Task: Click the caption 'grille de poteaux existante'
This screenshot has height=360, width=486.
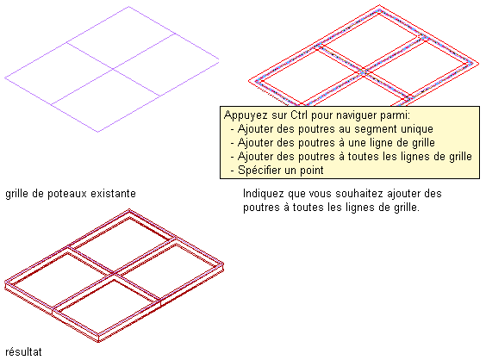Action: click(71, 194)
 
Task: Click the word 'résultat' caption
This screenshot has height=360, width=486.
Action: click(23, 352)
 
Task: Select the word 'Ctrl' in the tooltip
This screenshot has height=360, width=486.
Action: click(299, 115)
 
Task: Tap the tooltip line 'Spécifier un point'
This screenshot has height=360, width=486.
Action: click(281, 170)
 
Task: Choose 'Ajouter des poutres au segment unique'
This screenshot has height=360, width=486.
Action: click(335, 129)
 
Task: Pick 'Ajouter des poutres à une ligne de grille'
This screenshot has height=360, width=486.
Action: click(336, 142)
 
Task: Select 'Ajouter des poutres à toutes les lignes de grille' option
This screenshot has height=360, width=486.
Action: click(354, 156)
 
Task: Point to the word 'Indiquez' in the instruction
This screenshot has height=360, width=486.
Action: click(263, 194)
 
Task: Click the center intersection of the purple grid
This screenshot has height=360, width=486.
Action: click(113, 68)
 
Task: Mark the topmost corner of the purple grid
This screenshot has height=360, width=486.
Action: click(128, 7)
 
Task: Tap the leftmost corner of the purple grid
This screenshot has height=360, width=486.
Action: click(4, 78)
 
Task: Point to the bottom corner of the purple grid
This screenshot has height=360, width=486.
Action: click(98, 132)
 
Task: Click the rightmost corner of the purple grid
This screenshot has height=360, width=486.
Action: click(219, 59)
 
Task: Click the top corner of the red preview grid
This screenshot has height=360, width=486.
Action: click(379, 5)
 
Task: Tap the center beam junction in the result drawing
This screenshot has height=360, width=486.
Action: click(114, 274)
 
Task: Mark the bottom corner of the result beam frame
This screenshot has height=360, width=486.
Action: click(98, 342)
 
